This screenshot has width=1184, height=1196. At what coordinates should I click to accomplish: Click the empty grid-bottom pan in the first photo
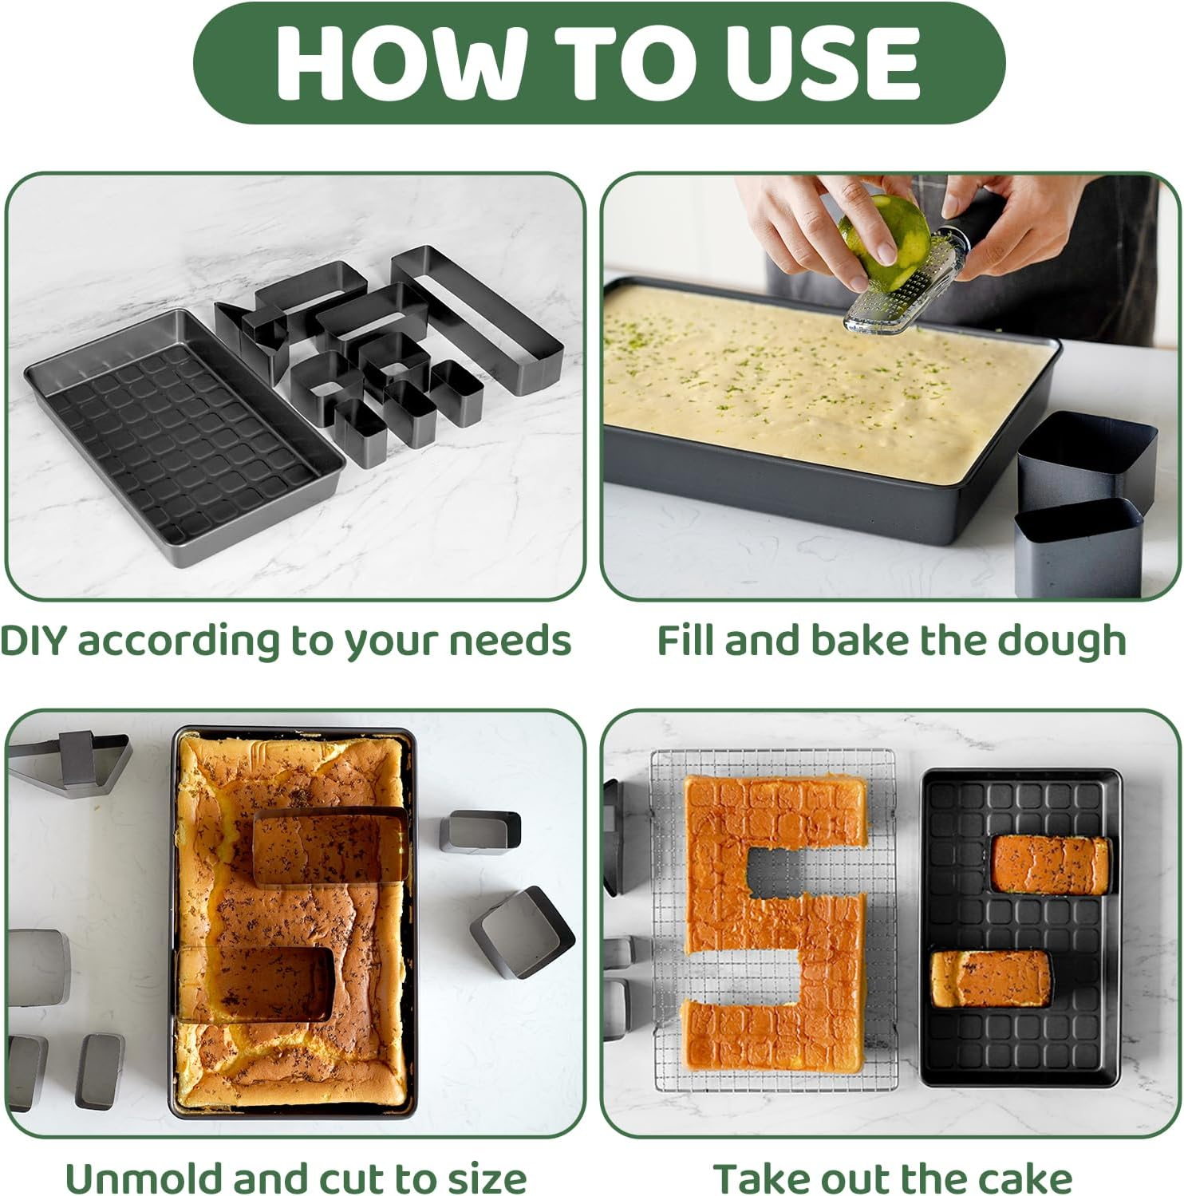click(184, 435)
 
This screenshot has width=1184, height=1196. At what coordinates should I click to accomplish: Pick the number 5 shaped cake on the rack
click(774, 926)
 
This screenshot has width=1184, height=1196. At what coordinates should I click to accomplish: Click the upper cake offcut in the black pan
click(1050, 865)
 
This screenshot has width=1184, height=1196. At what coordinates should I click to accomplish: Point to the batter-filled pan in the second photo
click(830, 407)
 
